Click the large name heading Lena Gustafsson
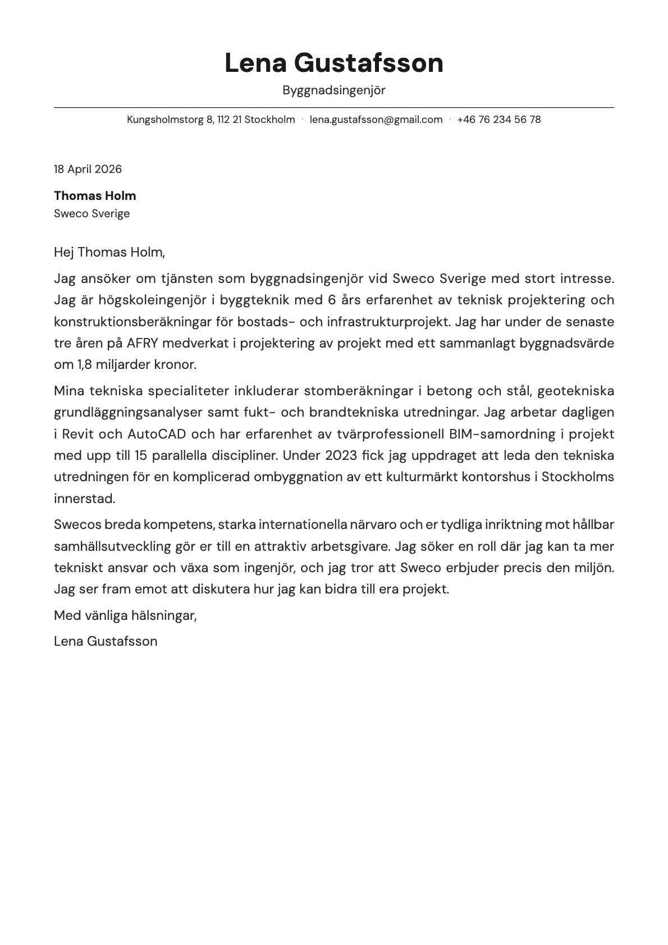coord(334,63)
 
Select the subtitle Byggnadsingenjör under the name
coord(334,90)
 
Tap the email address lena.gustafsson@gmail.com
coord(376,120)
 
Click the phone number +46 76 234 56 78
coord(498,120)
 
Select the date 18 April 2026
coord(88,169)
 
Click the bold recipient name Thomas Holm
coord(95,196)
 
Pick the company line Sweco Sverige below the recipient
coord(91,214)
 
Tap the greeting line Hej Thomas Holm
coord(109,252)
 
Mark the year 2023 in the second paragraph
coord(338,455)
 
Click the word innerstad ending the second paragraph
coord(84,499)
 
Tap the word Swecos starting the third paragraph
coord(78,525)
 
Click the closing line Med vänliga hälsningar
coord(125,615)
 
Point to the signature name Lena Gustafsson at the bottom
coord(106,641)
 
